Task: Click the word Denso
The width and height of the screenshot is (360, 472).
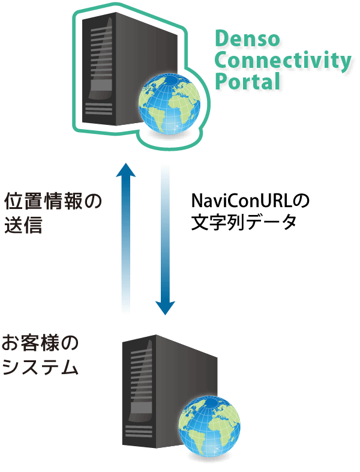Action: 247,40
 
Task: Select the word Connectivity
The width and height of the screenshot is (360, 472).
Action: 283,60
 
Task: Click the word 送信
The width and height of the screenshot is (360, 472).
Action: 23,225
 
